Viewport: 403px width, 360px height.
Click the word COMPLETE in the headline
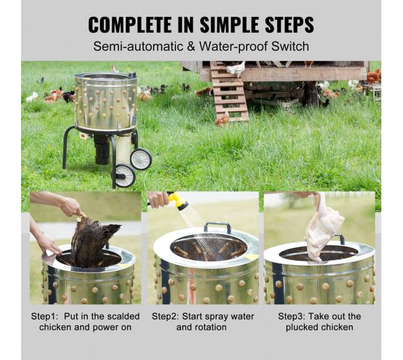(x=130, y=25)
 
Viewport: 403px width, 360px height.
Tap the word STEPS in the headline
(x=290, y=25)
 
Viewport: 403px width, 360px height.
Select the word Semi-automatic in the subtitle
(x=138, y=46)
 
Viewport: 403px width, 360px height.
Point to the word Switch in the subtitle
(x=290, y=46)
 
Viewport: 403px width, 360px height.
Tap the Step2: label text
(x=166, y=317)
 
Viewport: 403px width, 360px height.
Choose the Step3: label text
(x=291, y=317)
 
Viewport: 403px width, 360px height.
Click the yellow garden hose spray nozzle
(x=179, y=201)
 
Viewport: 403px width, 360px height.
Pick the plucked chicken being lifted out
(x=323, y=229)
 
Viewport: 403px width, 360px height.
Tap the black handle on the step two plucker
(x=218, y=227)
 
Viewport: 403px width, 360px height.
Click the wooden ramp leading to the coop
(x=229, y=92)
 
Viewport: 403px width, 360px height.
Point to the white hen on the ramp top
(x=236, y=69)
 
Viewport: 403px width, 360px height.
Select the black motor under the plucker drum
(x=102, y=149)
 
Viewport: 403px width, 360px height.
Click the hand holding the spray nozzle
(x=158, y=200)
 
